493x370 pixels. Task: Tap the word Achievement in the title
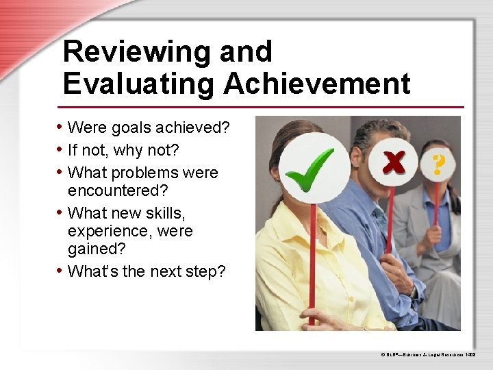(x=316, y=84)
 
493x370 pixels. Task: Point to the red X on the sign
(x=393, y=162)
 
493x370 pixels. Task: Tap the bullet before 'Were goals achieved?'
(x=61, y=127)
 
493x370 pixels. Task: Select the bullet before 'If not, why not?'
(x=61, y=149)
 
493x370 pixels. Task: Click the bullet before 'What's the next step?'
(x=61, y=271)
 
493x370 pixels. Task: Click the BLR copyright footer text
(x=432, y=355)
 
